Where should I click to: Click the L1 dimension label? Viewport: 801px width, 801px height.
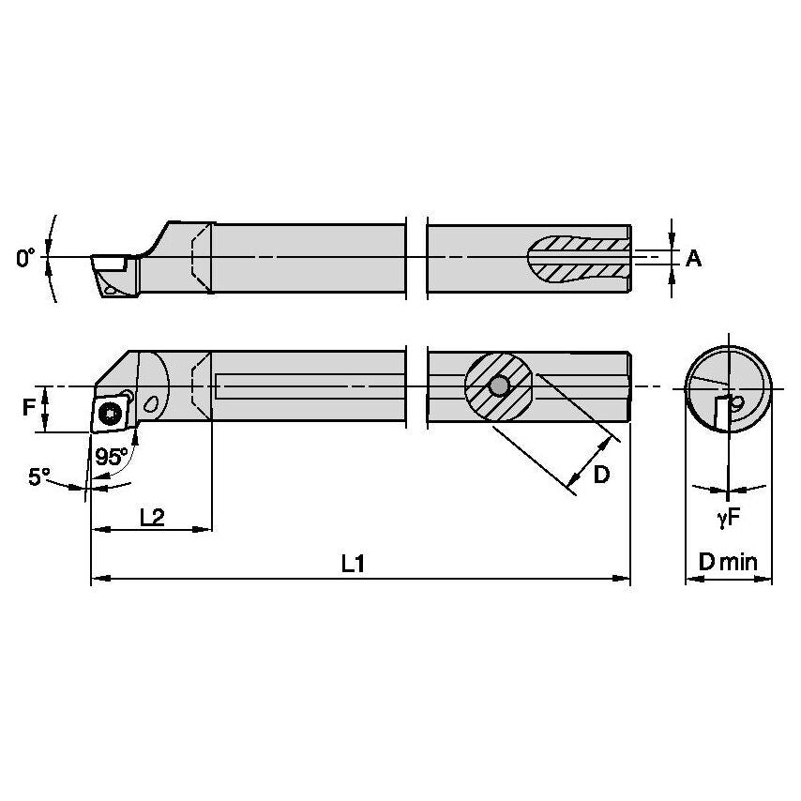tap(353, 564)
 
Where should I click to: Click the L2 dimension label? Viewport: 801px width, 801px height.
tap(152, 516)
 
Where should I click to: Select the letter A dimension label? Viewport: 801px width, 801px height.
tap(693, 258)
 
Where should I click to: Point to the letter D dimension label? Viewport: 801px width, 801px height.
tap(601, 474)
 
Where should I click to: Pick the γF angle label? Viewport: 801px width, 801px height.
tap(729, 516)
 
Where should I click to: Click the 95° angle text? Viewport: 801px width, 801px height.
tap(112, 457)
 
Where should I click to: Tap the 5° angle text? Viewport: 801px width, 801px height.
tap(39, 476)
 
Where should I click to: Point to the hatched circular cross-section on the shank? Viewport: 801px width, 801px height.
tap(498, 385)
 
